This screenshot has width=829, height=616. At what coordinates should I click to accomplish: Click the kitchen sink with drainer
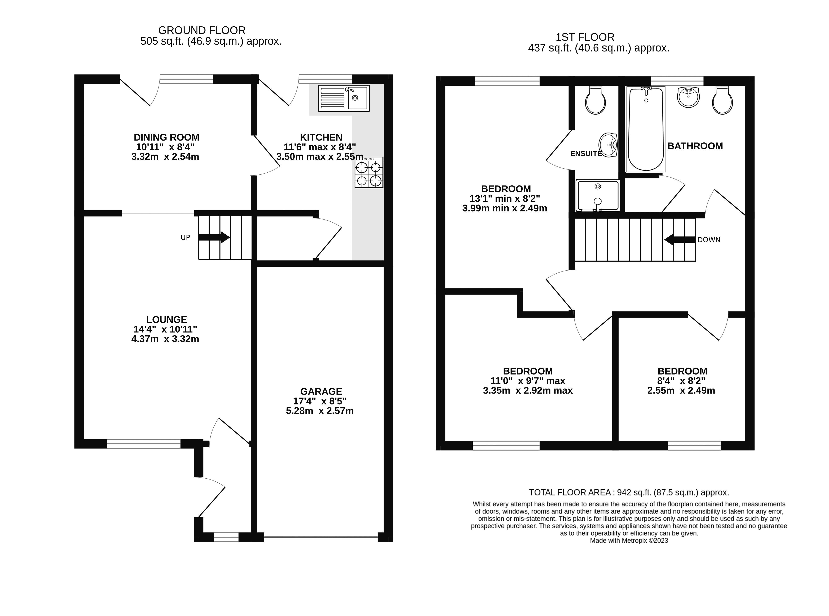click(x=343, y=98)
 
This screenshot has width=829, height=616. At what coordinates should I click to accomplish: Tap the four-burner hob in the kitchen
click(x=369, y=172)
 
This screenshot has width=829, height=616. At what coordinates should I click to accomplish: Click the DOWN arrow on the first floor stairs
click(x=680, y=239)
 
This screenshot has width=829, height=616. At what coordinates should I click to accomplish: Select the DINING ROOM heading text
click(x=166, y=137)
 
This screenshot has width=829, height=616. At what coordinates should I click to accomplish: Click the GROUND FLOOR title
click(x=202, y=30)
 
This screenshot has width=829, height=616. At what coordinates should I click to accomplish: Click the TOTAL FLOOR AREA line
click(x=629, y=492)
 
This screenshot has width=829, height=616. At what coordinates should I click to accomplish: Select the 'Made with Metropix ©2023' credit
click(x=629, y=540)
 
